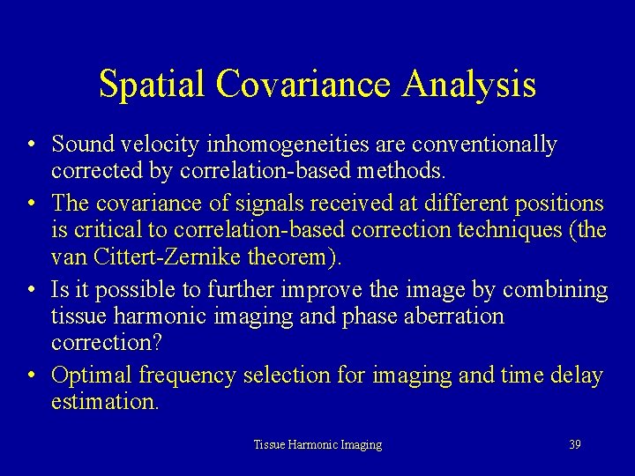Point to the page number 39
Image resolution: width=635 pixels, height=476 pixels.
pos(575,445)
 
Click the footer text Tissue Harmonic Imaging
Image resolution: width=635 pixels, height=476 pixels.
pos(317,445)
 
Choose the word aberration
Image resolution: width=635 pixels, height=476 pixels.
pos(452,316)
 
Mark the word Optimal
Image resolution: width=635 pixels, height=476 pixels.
pos(89,376)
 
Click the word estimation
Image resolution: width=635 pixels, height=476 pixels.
pos(104,402)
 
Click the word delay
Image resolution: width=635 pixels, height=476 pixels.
pos(578,376)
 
